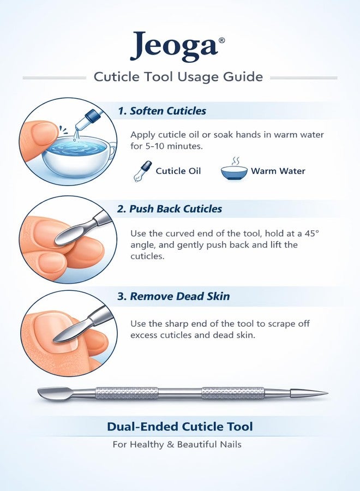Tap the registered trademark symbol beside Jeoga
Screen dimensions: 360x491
(x=221, y=40)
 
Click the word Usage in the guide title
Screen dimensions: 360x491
(x=198, y=77)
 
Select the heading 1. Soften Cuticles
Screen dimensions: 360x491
(x=162, y=111)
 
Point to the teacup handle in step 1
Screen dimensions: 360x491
(x=112, y=149)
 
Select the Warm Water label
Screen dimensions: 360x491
(x=278, y=171)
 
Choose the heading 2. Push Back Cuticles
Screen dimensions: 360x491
(x=170, y=209)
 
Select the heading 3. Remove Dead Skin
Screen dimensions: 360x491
(x=173, y=296)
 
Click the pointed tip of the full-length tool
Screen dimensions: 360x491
(x=327, y=393)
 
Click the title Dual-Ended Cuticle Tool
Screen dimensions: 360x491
(x=179, y=427)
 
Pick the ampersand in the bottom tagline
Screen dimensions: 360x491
(x=170, y=445)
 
